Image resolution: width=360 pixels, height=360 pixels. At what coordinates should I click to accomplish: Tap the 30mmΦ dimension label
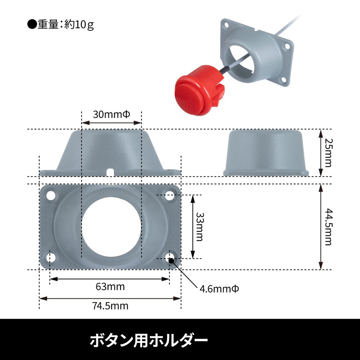(x=111, y=114)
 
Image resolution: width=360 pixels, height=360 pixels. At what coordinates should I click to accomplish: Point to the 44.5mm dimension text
(x=328, y=227)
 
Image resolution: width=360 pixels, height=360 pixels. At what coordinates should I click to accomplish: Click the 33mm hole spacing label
(x=199, y=227)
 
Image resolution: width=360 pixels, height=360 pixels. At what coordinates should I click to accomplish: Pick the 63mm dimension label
(x=110, y=286)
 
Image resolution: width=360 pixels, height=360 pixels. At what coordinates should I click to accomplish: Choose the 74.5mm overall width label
(x=110, y=306)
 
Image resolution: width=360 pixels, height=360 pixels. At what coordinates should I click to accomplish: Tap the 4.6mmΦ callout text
(x=219, y=289)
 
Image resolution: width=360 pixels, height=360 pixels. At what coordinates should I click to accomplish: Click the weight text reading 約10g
(x=79, y=25)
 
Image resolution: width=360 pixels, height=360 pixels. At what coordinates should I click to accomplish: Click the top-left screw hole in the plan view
(x=51, y=195)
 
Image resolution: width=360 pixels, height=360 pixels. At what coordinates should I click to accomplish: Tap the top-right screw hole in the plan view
(x=170, y=195)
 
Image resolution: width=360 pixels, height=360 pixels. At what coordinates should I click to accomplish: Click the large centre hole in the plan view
(x=111, y=227)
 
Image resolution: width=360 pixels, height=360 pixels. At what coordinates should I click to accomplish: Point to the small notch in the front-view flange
(x=110, y=172)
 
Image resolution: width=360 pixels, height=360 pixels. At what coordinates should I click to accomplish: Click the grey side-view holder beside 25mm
(x=266, y=153)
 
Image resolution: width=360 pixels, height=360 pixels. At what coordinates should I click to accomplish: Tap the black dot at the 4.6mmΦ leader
(x=171, y=260)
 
